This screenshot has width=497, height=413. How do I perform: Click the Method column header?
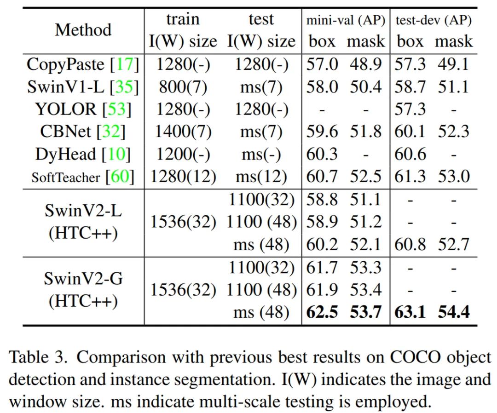point(83,30)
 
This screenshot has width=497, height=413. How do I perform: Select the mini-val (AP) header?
point(346,21)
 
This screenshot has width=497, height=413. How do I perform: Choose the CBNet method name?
point(67,132)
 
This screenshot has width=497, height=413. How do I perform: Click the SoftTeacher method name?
point(65,177)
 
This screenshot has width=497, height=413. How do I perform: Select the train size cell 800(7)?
point(183,86)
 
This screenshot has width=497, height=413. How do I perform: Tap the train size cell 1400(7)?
point(183,132)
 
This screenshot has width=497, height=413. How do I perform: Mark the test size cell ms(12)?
point(261,177)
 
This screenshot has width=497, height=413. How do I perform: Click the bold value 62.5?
point(322,312)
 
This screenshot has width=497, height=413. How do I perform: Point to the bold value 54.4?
point(453,312)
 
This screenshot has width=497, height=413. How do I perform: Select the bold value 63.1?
point(410,312)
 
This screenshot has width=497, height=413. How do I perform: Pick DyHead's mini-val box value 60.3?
point(322,154)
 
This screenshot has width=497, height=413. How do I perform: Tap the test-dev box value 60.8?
point(410,244)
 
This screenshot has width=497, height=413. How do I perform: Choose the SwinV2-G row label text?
point(83,279)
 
